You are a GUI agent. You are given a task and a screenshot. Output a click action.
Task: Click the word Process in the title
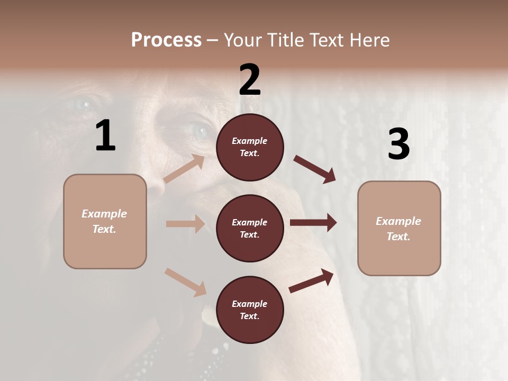(x=166, y=40)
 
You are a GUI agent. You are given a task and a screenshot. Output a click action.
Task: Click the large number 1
(x=105, y=136)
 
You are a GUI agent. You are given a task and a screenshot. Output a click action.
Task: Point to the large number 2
(x=250, y=80)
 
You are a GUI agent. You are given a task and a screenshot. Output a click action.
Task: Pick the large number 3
(x=399, y=144)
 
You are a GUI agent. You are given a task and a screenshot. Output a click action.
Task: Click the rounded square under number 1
(x=105, y=221)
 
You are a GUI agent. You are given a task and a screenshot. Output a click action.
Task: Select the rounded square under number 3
(x=399, y=229)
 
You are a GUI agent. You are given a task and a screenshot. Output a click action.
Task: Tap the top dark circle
(x=250, y=147)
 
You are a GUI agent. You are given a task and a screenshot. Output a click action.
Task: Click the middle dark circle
(x=250, y=228)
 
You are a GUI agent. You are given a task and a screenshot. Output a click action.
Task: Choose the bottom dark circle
(x=250, y=310)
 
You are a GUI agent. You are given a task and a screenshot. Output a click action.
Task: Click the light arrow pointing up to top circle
(x=184, y=169)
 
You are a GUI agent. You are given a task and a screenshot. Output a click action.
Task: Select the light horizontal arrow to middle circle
(x=185, y=224)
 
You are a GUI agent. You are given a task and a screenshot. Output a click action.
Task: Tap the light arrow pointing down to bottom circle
(x=185, y=282)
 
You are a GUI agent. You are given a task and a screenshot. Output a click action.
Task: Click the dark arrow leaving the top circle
(x=315, y=169)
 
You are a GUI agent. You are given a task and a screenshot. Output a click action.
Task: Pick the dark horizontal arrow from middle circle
(x=313, y=223)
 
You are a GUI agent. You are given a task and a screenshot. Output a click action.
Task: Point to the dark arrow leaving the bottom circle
(x=311, y=281)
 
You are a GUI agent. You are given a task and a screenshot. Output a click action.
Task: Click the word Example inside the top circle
(x=250, y=141)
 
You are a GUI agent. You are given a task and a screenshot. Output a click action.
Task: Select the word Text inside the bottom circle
(x=249, y=316)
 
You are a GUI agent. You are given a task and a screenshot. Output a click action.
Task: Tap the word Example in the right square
(x=398, y=221)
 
